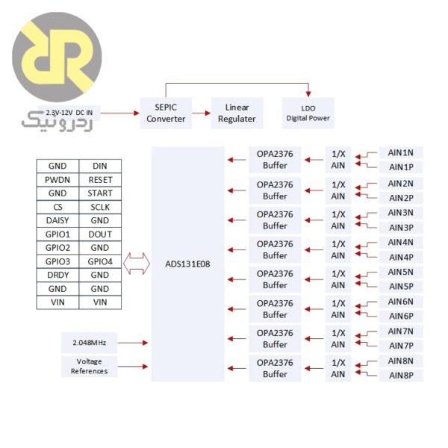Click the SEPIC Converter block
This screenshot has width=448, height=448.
(166, 112)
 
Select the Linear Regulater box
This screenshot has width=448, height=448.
(237, 113)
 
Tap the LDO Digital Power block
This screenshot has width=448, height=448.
(308, 112)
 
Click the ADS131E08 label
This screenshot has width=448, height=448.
(187, 264)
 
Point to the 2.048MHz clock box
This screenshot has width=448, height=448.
(89, 343)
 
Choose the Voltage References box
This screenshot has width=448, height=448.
(89, 366)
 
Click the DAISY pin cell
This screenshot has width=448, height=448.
(57, 220)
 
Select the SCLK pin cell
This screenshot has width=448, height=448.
(100, 207)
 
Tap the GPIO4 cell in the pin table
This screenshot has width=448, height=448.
(100, 261)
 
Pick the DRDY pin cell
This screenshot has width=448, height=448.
(57, 275)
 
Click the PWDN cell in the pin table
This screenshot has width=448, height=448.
(57, 180)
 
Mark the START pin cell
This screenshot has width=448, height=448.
(100, 193)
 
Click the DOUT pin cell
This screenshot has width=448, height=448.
(100, 234)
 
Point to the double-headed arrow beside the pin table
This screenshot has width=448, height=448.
(136, 262)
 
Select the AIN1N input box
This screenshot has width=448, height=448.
(400, 152)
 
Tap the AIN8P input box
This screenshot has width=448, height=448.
(400, 375)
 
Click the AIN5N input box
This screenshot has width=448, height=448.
(400, 272)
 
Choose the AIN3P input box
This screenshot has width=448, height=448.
(400, 227)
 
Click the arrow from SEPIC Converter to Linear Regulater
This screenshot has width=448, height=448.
(200, 113)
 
